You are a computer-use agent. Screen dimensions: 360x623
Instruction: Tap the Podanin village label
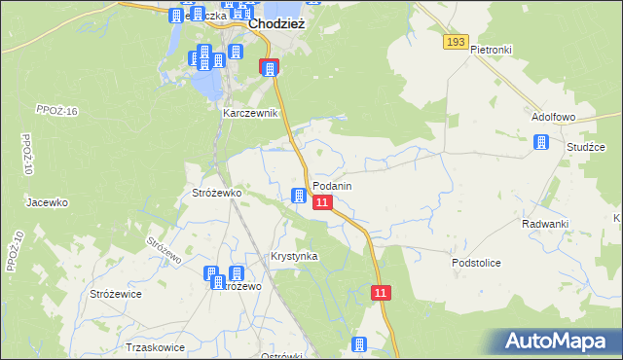(332, 186)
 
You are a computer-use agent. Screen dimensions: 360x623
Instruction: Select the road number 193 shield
(455, 42)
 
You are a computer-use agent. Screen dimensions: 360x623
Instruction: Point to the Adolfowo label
(554, 116)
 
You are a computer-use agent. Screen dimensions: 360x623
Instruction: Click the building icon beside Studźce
(541, 143)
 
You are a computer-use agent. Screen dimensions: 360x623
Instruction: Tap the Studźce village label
(586, 147)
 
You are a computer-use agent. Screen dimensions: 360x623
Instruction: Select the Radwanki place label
(544, 224)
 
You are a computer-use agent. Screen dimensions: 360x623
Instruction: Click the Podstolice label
(476, 263)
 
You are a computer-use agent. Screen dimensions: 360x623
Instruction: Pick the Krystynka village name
(294, 256)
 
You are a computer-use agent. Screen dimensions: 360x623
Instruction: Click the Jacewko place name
(47, 202)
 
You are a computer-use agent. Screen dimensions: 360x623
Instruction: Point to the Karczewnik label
(251, 113)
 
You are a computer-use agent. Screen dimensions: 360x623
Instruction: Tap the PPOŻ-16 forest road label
(55, 111)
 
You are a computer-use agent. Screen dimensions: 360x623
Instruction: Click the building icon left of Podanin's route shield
(299, 197)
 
